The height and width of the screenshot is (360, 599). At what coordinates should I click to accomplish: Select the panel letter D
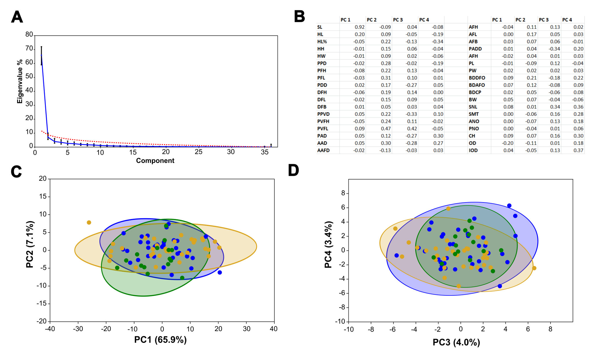[x=293, y=170]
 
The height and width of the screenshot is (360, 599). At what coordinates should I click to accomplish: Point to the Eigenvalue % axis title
[x=20, y=81]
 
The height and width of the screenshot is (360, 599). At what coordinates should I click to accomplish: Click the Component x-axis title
[x=155, y=161]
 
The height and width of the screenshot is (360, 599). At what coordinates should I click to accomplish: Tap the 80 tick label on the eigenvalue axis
[x=29, y=34]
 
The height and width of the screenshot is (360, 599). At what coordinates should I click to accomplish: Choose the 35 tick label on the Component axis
[x=264, y=152]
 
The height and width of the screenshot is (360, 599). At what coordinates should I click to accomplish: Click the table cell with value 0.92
[x=359, y=27]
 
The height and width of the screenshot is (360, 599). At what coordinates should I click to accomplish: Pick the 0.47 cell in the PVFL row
[x=386, y=129]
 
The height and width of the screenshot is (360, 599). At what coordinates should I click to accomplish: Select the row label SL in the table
[x=320, y=27]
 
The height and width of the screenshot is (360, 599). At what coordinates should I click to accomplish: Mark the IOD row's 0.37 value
[x=578, y=150]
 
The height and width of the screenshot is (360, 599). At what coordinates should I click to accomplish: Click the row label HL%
[x=322, y=42]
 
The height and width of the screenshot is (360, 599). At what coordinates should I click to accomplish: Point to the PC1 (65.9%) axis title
[x=160, y=339]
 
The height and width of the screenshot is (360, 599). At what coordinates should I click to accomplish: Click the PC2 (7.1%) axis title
[x=30, y=244]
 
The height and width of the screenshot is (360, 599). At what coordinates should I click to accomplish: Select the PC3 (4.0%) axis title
[x=456, y=342]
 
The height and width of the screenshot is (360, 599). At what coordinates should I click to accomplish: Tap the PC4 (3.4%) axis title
[x=328, y=245]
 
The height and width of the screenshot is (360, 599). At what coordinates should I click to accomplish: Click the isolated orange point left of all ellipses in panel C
[x=89, y=222]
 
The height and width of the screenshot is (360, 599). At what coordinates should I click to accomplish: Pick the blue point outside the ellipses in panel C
[x=220, y=273]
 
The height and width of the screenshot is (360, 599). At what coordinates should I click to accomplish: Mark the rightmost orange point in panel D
[x=534, y=268]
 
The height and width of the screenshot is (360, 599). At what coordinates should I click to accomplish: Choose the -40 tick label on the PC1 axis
[x=50, y=329]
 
